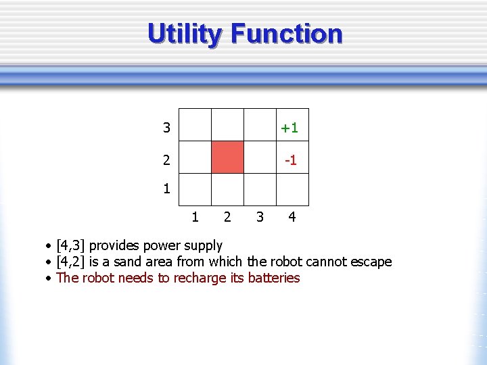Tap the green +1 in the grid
tap(290, 128)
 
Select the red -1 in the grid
tap(290, 160)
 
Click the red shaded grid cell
tap(227, 157)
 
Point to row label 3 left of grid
tap(166, 128)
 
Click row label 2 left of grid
tap(166, 160)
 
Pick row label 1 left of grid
tap(166, 189)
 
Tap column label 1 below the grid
tap(195, 217)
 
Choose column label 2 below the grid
tap(227, 217)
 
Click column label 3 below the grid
tap(259, 217)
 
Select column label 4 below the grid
tap(292, 217)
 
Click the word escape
tap(370, 262)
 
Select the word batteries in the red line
tap(274, 278)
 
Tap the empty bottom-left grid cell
tap(195, 189)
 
